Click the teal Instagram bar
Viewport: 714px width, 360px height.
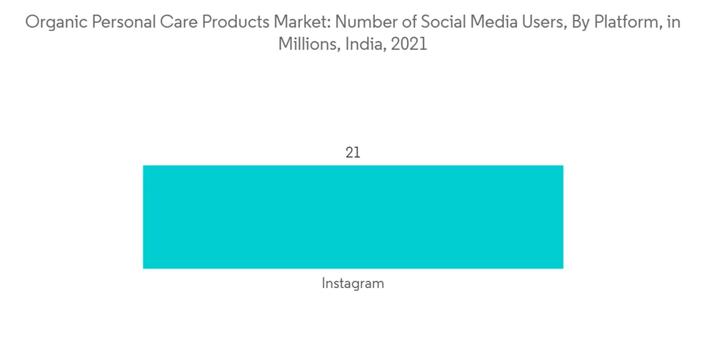(353, 216)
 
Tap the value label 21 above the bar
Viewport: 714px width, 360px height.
(353, 153)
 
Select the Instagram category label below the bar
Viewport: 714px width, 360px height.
(353, 284)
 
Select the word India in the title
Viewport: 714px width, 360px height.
(363, 44)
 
